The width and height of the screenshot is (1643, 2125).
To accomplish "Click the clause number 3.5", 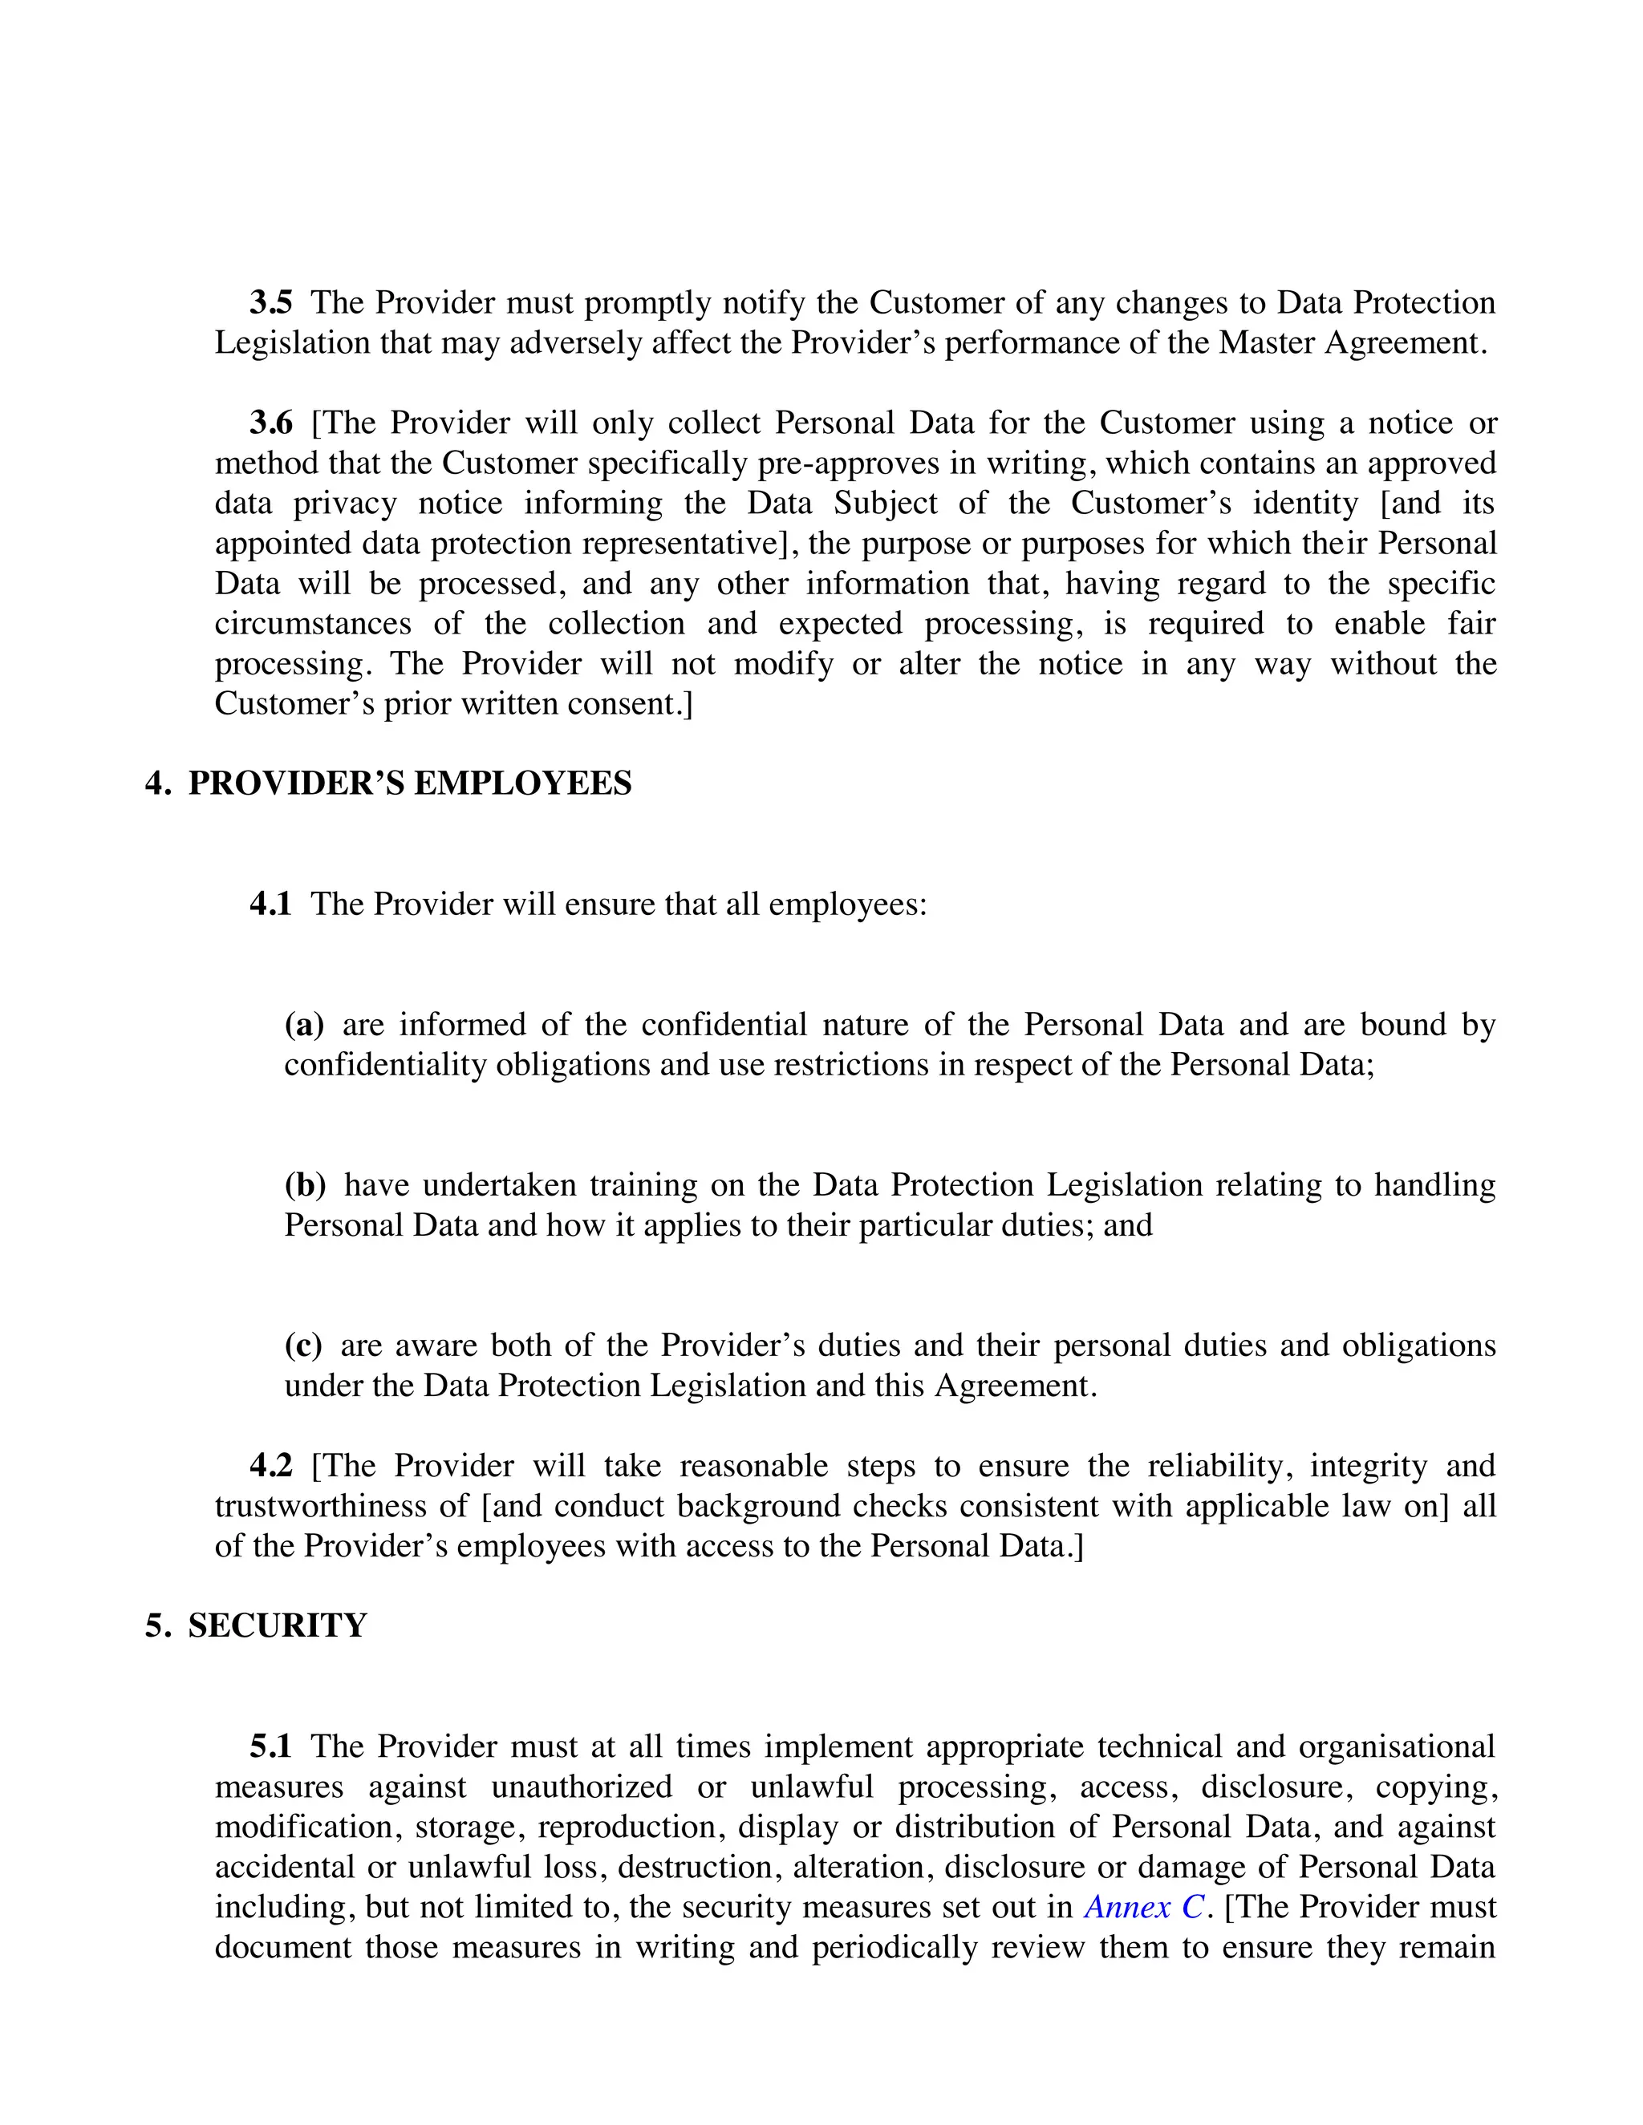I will click(270, 302).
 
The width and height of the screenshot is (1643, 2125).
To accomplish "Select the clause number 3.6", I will click(270, 423).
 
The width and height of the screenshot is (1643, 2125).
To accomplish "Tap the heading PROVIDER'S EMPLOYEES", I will click(410, 783).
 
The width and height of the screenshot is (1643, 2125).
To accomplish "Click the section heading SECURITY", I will click(278, 1626).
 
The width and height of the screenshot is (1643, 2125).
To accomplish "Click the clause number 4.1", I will click(270, 904).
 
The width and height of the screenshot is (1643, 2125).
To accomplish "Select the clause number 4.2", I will click(270, 1467).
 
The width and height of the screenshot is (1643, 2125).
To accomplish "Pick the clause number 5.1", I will click(270, 1747).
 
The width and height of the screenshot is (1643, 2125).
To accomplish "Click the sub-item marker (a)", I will click(304, 1025).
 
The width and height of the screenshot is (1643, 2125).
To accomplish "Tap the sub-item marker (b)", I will click(305, 1185).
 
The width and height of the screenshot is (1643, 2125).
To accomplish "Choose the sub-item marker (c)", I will click(302, 1346).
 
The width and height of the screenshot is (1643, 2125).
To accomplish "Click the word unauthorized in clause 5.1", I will click(581, 1787).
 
